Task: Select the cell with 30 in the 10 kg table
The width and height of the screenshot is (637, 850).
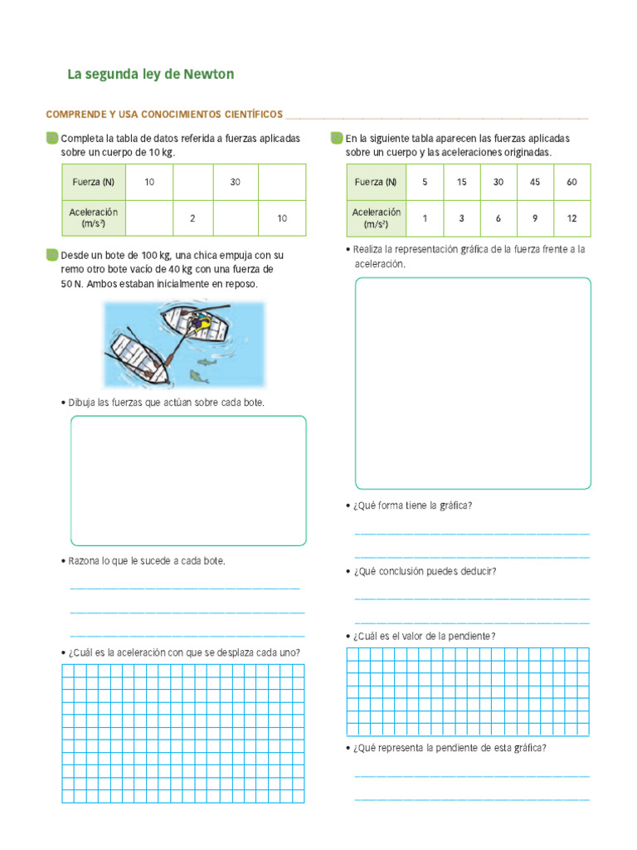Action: pos(236,182)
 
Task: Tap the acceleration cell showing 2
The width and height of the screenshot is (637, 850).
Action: pos(192,218)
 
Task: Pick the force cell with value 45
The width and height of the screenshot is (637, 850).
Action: pos(535,182)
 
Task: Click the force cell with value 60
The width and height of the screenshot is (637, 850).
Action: pos(571,182)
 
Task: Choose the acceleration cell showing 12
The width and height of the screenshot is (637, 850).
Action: pos(571,218)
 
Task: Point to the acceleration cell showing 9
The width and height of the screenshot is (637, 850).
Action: pos(535,218)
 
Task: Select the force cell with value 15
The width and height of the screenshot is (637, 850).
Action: pos(462,182)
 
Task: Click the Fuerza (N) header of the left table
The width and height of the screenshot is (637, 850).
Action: pos(94,182)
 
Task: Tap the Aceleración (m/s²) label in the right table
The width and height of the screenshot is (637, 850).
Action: pos(376,218)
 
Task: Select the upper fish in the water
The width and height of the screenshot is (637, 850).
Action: pos(210,360)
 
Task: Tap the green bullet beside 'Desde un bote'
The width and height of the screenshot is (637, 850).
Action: pos(52,255)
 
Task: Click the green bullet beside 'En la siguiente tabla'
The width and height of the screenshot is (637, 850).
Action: pos(337,138)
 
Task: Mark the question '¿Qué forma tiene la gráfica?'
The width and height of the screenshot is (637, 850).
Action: pos(412,506)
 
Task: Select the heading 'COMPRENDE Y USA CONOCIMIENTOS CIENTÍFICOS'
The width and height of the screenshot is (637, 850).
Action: pos(164,114)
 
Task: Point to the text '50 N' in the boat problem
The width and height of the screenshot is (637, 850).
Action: pos(71,284)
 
